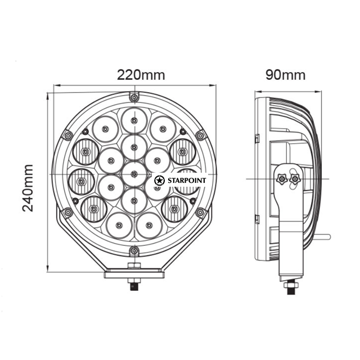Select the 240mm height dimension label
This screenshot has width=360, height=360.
coord(29,187)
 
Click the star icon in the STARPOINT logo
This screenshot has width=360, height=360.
coord(159,180)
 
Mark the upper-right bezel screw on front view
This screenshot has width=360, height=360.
coord(200,135)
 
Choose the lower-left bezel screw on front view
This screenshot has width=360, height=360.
coord(67,212)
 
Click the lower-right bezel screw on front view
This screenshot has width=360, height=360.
coord(200,212)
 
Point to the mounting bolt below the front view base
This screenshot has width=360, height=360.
coord(134,284)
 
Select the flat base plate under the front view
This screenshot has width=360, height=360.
coord(134,274)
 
